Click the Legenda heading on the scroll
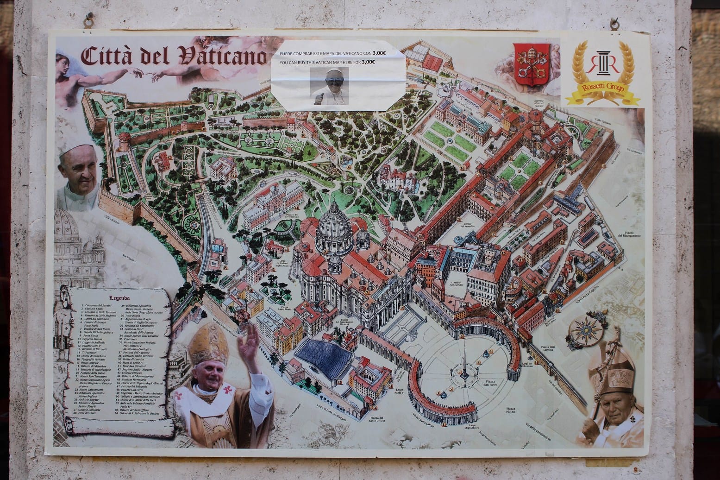(119, 298)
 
